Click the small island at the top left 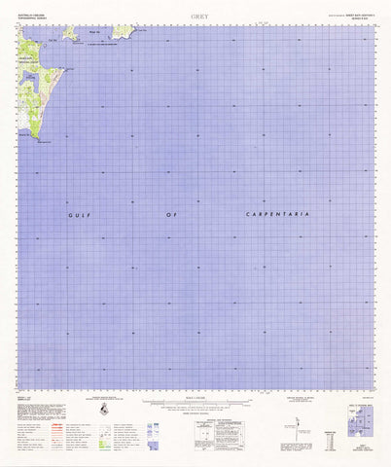pyautogui.click(x=70, y=34)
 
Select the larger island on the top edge pyautogui.click(x=123, y=32)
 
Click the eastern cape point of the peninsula pyautogui.click(x=64, y=69)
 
